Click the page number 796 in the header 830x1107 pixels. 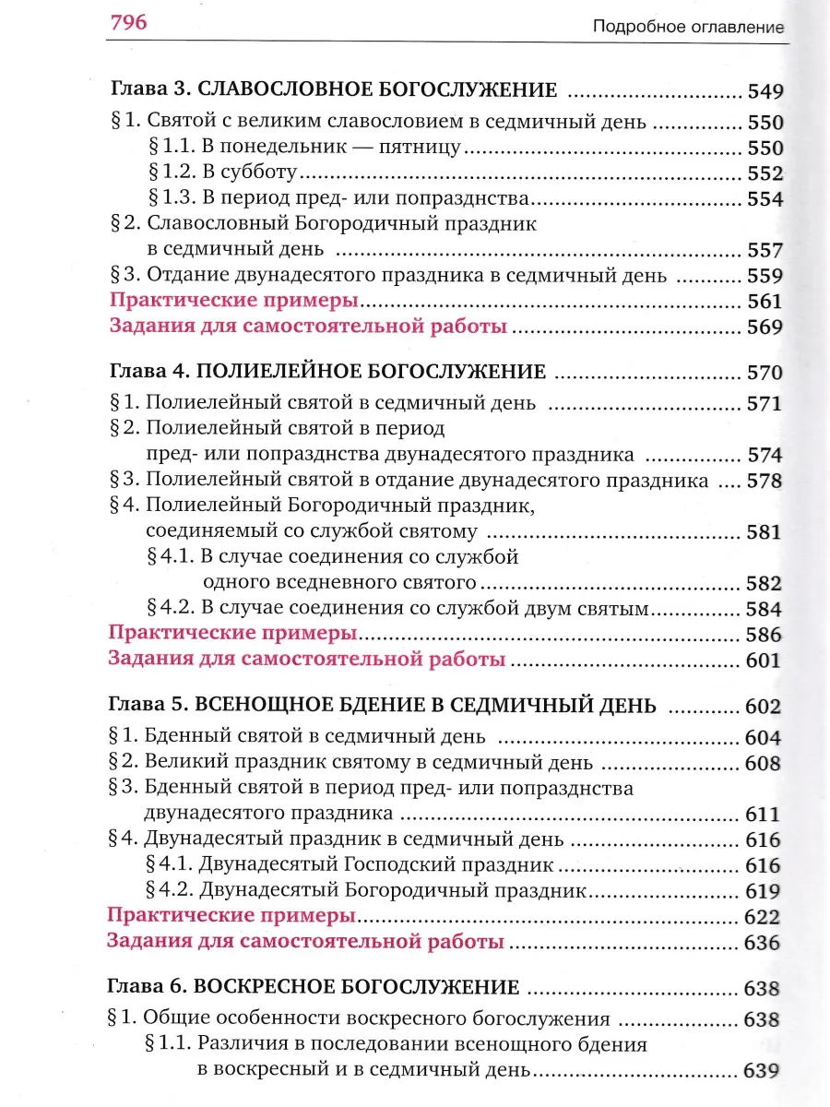[x=128, y=22]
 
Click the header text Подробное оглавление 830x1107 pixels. [x=688, y=28]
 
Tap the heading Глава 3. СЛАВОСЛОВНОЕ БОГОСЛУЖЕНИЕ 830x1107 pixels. [x=334, y=90]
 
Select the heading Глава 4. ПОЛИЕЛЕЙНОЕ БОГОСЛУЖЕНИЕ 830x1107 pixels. [x=328, y=372]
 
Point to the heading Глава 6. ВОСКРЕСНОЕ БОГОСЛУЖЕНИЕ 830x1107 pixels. [x=314, y=987]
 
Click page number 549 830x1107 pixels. [x=765, y=91]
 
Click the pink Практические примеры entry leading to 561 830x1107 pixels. [x=234, y=301]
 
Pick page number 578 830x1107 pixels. [x=765, y=481]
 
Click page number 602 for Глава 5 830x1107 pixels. [x=763, y=708]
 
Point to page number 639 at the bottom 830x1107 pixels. [x=762, y=1071]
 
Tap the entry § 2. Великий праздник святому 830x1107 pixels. [x=350, y=763]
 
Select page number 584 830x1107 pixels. [x=765, y=609]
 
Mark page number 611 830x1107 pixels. [x=763, y=815]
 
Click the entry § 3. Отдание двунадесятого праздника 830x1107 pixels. [x=392, y=275]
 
